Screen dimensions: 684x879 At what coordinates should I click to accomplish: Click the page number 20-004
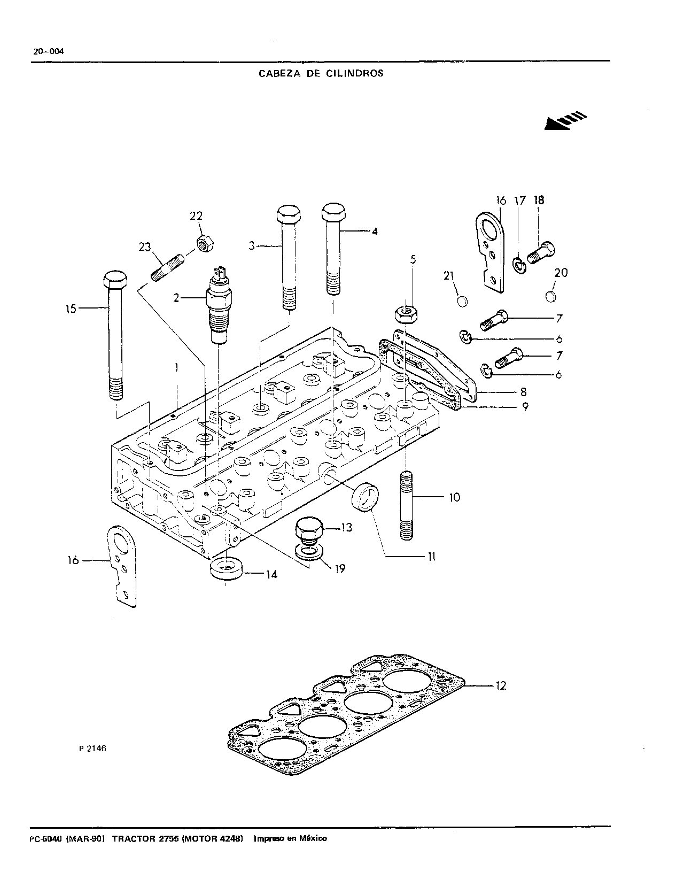(x=49, y=51)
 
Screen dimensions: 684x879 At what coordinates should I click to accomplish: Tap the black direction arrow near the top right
(x=565, y=120)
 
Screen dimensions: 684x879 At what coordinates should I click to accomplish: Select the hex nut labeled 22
(x=205, y=244)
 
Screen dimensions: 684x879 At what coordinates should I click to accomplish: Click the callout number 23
(x=145, y=247)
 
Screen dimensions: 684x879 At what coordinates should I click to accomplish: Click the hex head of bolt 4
(x=333, y=213)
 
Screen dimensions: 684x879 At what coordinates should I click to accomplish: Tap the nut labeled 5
(x=407, y=314)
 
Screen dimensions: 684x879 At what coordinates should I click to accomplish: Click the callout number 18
(x=539, y=200)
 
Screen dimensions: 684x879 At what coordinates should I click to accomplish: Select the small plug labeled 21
(x=462, y=302)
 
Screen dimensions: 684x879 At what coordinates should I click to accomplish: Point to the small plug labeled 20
(x=550, y=296)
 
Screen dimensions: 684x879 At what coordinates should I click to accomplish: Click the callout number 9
(x=525, y=406)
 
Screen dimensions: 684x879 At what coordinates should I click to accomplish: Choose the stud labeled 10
(x=406, y=505)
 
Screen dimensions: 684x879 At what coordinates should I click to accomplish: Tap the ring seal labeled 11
(x=366, y=497)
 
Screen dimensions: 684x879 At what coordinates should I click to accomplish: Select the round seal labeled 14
(x=226, y=569)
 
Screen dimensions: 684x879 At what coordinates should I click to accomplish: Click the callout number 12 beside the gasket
(x=501, y=685)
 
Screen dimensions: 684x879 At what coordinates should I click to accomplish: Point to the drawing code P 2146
(x=92, y=749)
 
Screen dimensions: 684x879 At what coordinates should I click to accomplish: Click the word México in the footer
(x=313, y=838)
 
